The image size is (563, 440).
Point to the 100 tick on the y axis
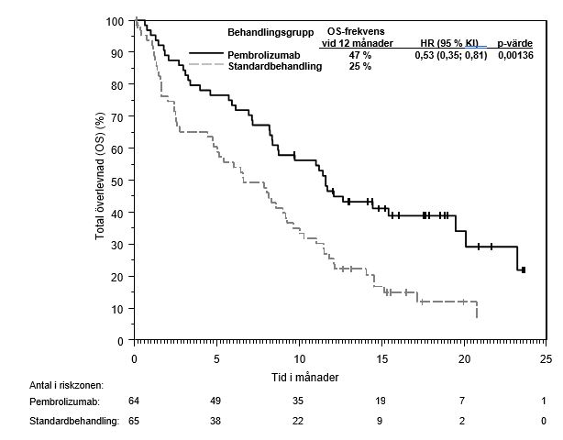115,21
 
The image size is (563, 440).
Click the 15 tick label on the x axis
381,357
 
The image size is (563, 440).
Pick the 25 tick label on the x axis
546,357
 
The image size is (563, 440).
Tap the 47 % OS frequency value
359,55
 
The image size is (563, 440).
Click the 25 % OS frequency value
359,67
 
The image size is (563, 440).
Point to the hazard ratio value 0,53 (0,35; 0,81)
450,55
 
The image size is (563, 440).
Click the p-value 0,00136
515,55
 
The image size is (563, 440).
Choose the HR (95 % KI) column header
449,43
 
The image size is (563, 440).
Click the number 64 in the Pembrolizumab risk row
134,401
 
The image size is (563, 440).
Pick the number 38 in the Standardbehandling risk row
216,421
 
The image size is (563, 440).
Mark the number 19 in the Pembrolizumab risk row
381,401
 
